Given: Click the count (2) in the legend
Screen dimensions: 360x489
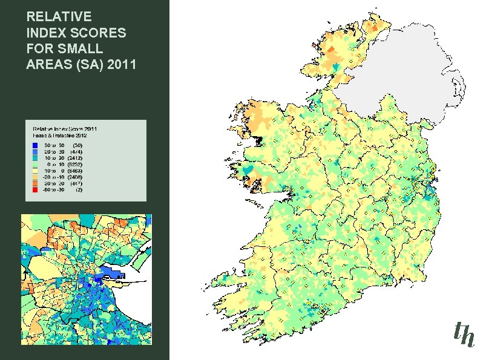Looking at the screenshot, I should tap(79, 189).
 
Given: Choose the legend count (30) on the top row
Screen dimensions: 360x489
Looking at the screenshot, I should tap(77, 146).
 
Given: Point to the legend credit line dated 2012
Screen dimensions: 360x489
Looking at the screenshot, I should tap(57, 135).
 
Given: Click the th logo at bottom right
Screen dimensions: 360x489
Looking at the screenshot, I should tap(464, 333).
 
